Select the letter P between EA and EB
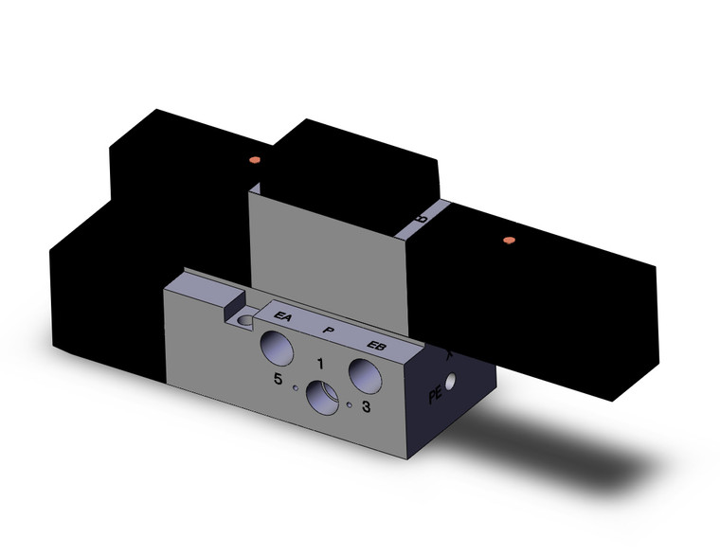329,330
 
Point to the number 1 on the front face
320,363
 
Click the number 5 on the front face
278,380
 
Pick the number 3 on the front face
367,406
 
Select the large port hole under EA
279,346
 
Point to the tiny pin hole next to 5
297,387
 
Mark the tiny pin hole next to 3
350,405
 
